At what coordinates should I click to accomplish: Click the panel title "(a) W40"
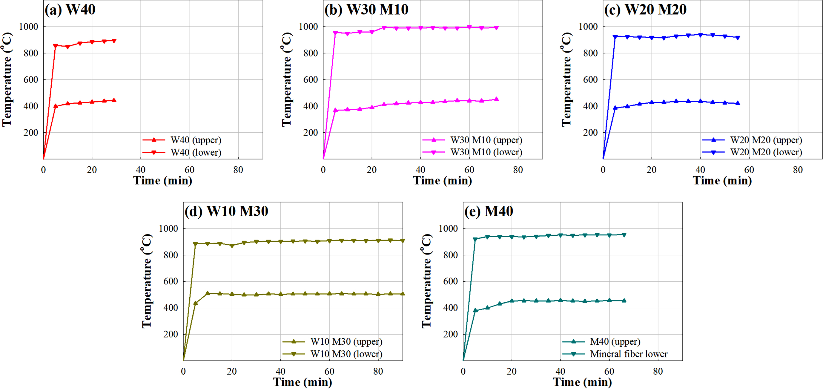70,10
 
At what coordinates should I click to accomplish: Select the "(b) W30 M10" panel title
366,10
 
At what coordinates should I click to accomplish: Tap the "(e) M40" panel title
489,211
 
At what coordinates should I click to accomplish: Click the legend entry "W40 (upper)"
196,140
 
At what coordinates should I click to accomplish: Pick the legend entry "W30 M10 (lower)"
486,152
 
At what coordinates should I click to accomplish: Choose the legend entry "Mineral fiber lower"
628,354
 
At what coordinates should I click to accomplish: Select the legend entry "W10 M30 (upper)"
346,342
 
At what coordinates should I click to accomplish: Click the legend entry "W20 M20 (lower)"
766,152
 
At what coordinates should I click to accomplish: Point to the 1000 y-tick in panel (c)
588,27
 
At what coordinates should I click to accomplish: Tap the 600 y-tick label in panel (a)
31,79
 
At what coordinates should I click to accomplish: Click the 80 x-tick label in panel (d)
378,372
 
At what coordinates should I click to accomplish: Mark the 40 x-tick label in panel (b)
420,170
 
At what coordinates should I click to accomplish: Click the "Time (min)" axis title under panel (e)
582,382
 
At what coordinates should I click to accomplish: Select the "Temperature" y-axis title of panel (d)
147,281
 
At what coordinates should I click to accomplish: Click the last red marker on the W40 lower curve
114,41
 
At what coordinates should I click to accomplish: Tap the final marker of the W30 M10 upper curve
497,99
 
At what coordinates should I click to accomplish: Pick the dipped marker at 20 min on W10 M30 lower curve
232,246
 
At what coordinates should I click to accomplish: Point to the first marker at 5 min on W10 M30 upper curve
196,303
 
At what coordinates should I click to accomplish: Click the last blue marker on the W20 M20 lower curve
738,38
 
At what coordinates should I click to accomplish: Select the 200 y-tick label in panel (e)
451,334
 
